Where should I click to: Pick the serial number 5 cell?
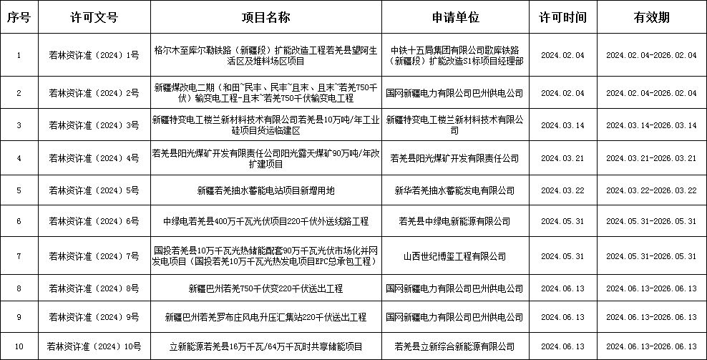click(x=19, y=190)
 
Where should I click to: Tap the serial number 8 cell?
click(x=19, y=288)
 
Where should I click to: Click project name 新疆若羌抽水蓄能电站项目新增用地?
click(x=265, y=190)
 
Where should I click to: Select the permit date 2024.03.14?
click(x=563, y=125)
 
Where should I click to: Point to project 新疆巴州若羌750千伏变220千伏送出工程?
click(x=265, y=288)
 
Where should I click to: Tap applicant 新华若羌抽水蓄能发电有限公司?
click(x=454, y=190)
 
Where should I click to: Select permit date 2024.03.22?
click(x=563, y=190)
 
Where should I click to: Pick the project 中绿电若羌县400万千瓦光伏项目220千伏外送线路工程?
click(x=265, y=221)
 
